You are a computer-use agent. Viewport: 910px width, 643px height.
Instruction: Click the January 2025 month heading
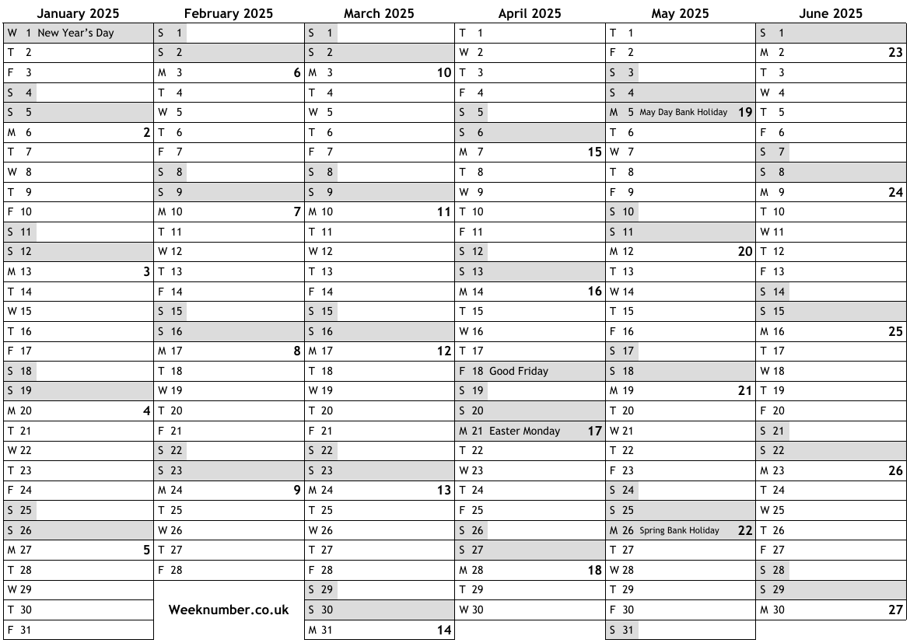[78, 13]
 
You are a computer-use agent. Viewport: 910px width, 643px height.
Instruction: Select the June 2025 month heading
[831, 13]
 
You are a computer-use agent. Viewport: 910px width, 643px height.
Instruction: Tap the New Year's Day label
[75, 33]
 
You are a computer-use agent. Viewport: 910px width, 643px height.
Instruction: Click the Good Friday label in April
[518, 371]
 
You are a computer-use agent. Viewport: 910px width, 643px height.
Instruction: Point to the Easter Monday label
[524, 431]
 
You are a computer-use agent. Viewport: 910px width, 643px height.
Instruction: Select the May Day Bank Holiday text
[683, 112]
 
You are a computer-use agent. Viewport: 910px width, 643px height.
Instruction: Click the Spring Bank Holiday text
[679, 530]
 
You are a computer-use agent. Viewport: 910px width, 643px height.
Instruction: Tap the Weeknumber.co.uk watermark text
[229, 610]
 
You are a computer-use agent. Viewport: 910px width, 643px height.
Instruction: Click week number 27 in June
[895, 610]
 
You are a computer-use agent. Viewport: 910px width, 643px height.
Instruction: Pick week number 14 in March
[443, 631]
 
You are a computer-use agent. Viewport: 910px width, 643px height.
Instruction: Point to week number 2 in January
[146, 133]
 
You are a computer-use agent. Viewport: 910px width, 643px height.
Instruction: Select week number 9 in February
[296, 491]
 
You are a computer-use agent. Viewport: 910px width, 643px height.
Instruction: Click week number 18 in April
[594, 570]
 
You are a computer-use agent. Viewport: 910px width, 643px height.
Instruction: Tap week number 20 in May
[745, 252]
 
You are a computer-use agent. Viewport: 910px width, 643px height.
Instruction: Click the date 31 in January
[26, 630]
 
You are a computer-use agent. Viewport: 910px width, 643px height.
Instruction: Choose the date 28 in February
[176, 570]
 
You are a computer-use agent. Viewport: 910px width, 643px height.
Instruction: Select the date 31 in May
[628, 630]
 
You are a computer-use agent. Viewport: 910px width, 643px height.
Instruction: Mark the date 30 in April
[477, 610]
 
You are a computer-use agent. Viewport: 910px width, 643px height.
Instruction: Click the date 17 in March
[327, 351]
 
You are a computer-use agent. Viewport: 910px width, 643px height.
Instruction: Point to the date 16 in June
[778, 331]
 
